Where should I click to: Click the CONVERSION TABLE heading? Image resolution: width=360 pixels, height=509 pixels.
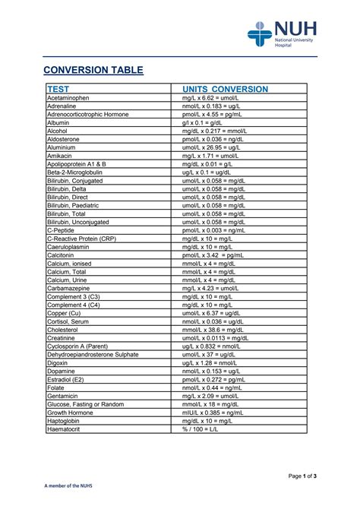(92, 70)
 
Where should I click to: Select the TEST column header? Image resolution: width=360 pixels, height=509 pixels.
(58, 89)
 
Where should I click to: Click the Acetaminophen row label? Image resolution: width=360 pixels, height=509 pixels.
(68, 98)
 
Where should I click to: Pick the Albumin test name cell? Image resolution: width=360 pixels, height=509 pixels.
(58, 122)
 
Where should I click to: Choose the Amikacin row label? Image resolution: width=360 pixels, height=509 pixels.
(60, 155)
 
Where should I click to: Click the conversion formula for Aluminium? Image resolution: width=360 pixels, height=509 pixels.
(216, 147)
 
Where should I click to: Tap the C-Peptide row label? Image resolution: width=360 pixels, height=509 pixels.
(62, 229)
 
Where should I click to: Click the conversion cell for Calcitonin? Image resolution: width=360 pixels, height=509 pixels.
(216, 255)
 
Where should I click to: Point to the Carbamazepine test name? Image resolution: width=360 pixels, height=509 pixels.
(71, 288)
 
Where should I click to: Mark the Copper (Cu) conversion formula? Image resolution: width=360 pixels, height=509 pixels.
(216, 313)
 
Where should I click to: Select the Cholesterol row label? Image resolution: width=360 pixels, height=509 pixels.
(65, 330)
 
